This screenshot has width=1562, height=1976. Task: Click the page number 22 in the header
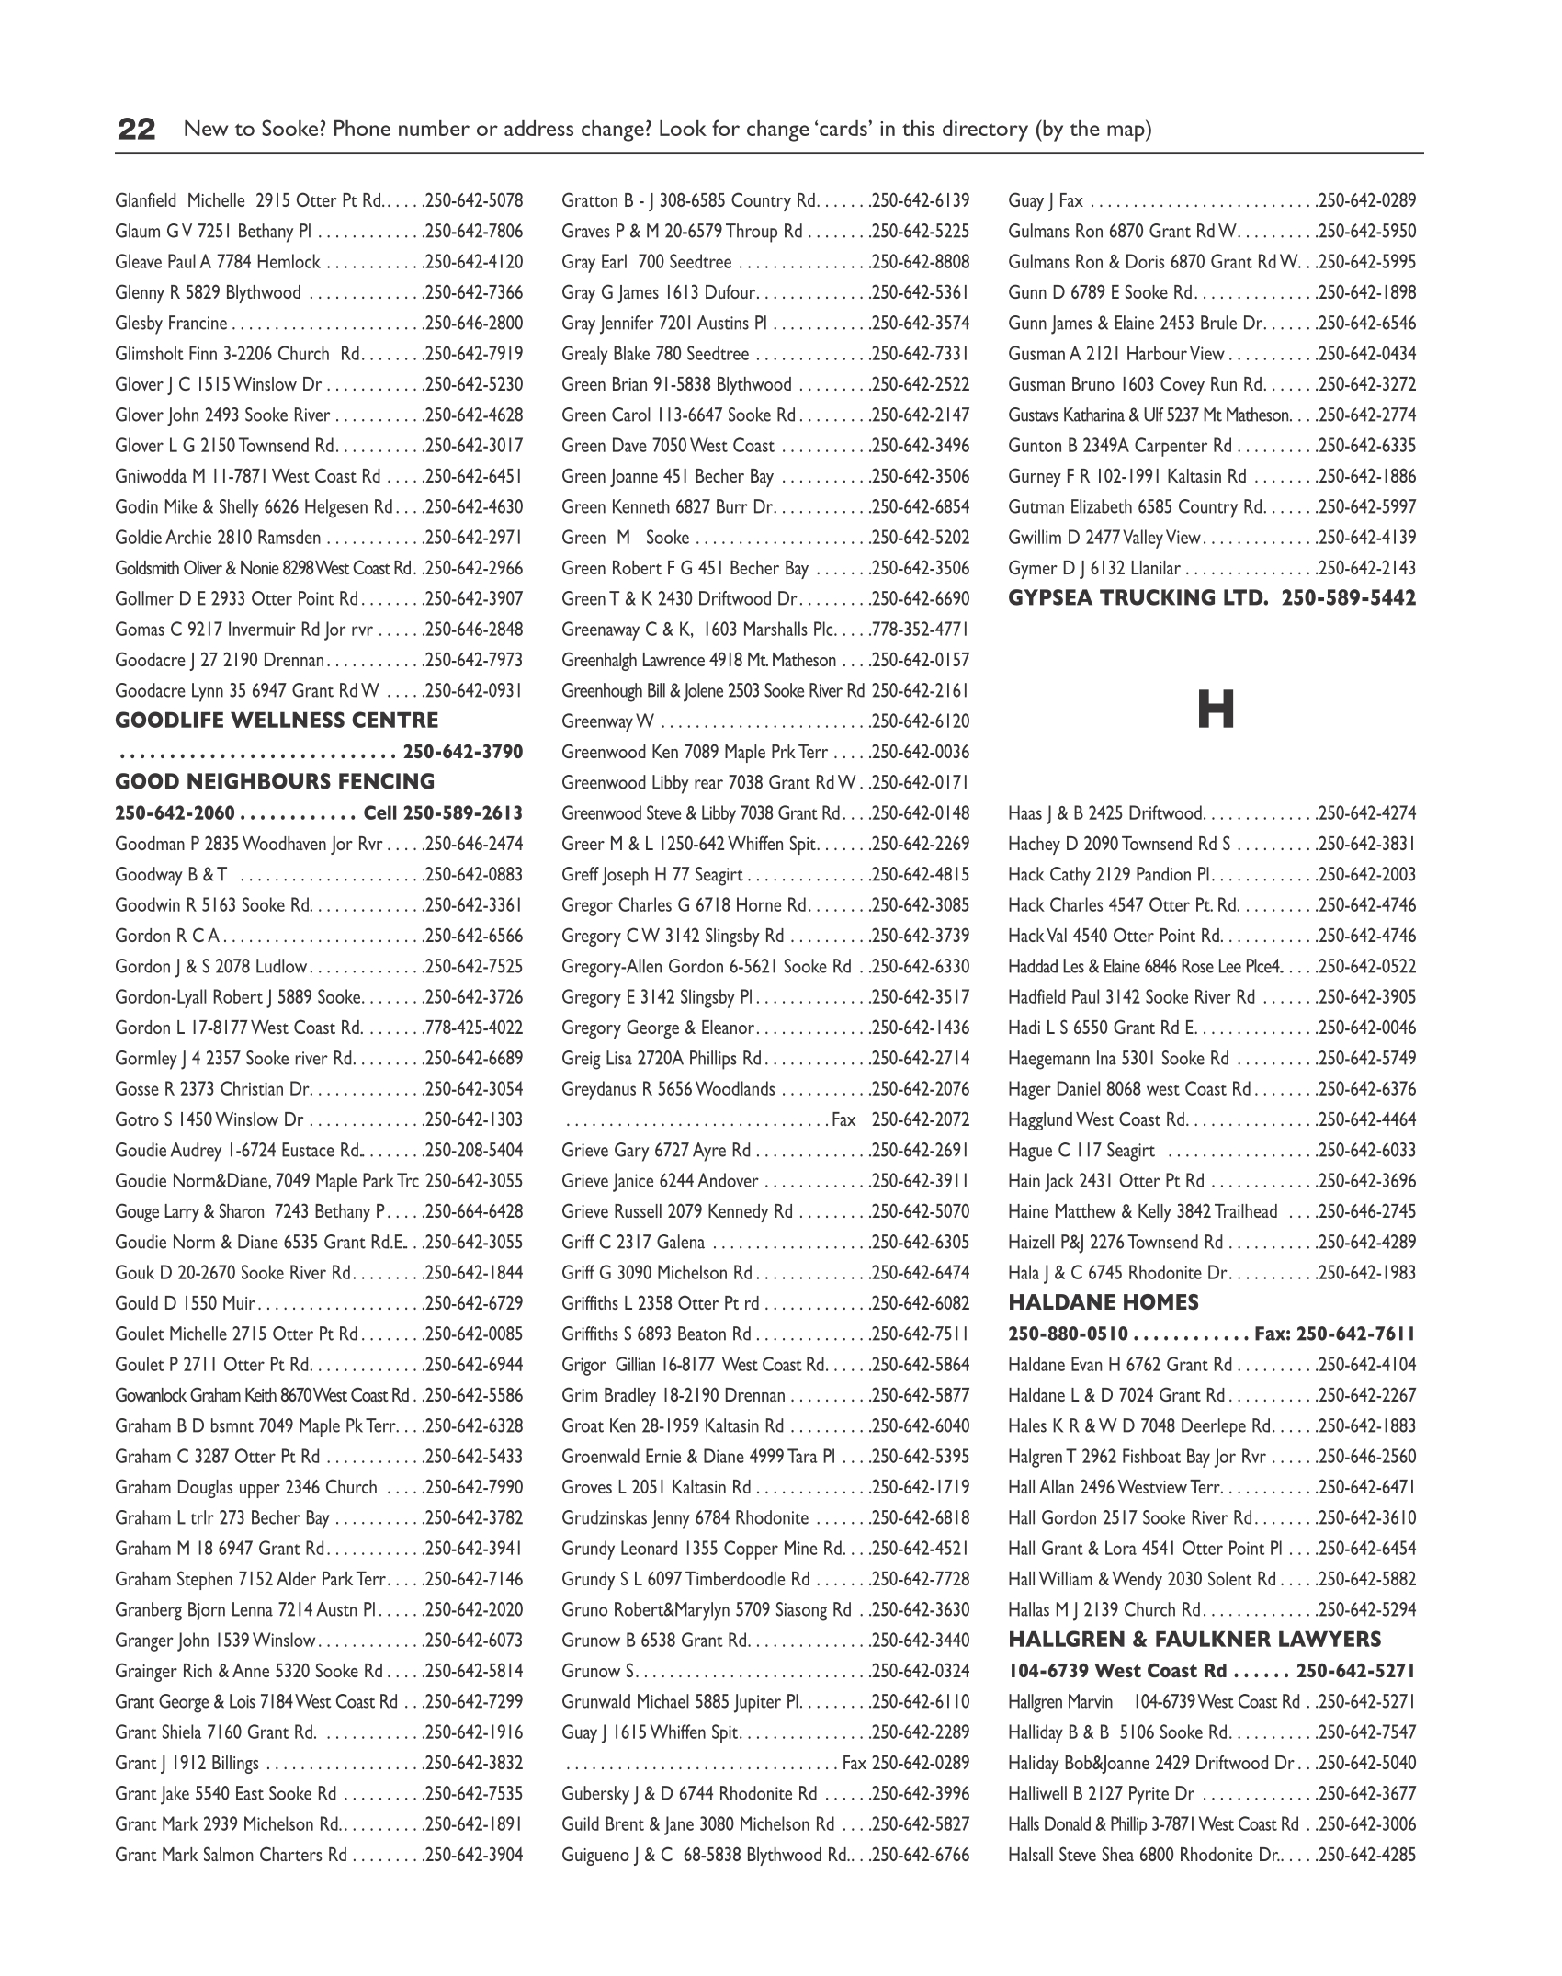tap(137, 129)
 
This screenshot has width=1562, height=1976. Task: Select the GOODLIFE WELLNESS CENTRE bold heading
tap(277, 721)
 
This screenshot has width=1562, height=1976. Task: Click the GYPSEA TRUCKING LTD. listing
tap(1212, 598)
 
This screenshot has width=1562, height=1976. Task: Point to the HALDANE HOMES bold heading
tap(1103, 1302)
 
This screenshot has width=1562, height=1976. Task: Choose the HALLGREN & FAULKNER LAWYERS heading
tap(1194, 1640)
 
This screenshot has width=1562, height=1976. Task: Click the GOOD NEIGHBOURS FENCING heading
tap(275, 782)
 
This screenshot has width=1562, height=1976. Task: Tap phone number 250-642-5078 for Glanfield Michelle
tap(475, 200)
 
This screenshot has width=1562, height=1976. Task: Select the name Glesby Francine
tap(171, 324)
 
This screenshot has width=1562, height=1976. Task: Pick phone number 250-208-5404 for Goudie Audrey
tap(475, 1150)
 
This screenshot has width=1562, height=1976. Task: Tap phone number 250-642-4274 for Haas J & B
tap(1368, 813)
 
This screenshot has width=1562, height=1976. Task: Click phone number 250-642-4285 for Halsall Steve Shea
tap(1368, 1855)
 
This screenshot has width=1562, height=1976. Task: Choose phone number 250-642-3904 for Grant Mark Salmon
tap(475, 1855)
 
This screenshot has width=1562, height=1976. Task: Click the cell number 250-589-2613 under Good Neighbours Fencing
tap(463, 813)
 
